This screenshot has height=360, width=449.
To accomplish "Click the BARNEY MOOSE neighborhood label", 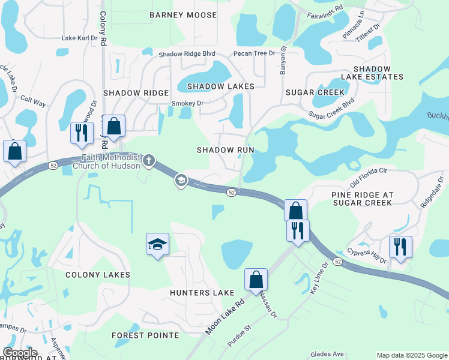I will (x=183, y=14).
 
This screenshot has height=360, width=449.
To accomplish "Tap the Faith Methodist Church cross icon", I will (x=149, y=160).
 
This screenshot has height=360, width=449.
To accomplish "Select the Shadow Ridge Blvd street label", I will (x=187, y=54).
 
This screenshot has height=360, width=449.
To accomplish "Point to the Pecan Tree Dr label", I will (x=254, y=53).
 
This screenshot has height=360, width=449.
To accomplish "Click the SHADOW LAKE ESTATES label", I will (x=372, y=73).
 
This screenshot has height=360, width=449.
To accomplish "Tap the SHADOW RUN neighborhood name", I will (x=226, y=150).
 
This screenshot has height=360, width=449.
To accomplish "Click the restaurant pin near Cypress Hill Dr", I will (x=400, y=247).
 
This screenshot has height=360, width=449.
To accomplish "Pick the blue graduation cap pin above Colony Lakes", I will (x=157, y=244).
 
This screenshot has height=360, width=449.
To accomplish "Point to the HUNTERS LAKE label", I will (x=202, y=293).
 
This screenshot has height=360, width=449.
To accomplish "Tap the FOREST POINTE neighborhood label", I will (x=146, y=335).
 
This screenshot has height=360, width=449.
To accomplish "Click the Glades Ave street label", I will (x=327, y=355).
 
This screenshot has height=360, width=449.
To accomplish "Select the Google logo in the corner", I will (x=20, y=353).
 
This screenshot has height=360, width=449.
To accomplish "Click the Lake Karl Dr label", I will (x=79, y=38).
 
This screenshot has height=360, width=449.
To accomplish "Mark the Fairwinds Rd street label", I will (x=324, y=10).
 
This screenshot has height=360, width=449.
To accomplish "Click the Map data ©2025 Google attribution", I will (x=411, y=355).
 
